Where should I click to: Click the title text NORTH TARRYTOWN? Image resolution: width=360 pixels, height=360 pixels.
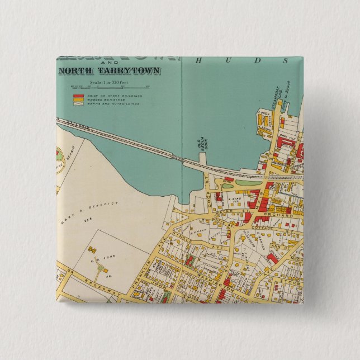click(110, 71)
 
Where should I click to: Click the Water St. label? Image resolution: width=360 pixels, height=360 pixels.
click(266, 158)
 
